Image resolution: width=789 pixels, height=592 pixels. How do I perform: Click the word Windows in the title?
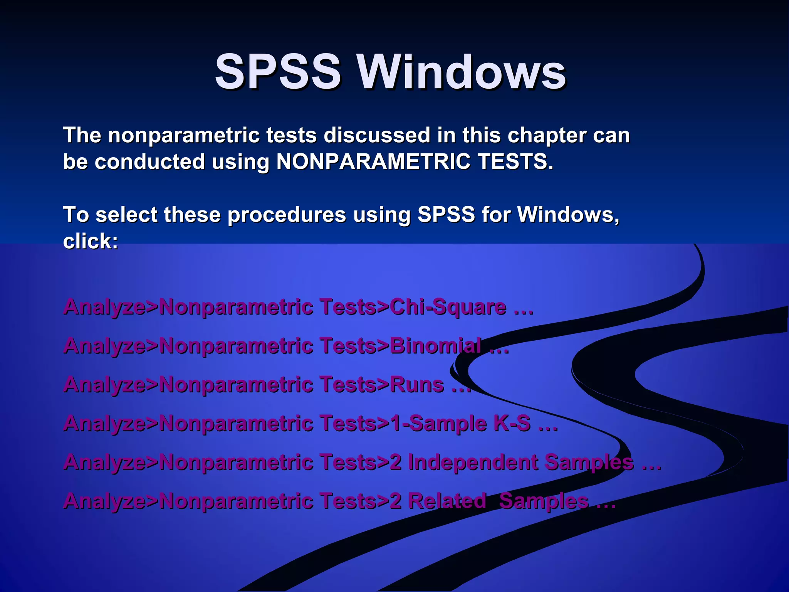(x=462, y=72)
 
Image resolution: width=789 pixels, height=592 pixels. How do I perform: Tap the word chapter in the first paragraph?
(x=547, y=136)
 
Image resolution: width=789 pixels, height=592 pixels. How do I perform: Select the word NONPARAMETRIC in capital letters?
(x=373, y=161)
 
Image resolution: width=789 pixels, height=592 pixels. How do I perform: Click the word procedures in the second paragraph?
(x=287, y=215)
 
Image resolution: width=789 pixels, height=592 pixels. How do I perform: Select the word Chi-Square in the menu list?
(x=448, y=307)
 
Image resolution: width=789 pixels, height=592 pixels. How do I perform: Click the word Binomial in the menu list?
(x=435, y=346)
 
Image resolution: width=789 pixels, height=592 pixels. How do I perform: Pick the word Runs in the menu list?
(x=417, y=385)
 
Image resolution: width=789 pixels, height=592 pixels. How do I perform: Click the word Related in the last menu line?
(x=447, y=501)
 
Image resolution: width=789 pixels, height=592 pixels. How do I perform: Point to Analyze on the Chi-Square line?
(x=105, y=308)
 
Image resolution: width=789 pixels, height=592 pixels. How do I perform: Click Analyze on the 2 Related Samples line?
(x=105, y=501)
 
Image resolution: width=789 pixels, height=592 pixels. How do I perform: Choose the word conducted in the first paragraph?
(x=149, y=161)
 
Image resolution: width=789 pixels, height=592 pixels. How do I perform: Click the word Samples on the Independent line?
(x=589, y=462)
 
